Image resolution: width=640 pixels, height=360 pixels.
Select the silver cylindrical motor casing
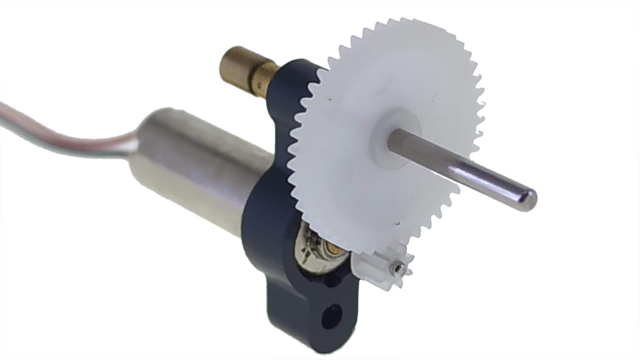click(x=196, y=162)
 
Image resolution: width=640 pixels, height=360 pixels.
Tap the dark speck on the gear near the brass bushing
click(x=330, y=100)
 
